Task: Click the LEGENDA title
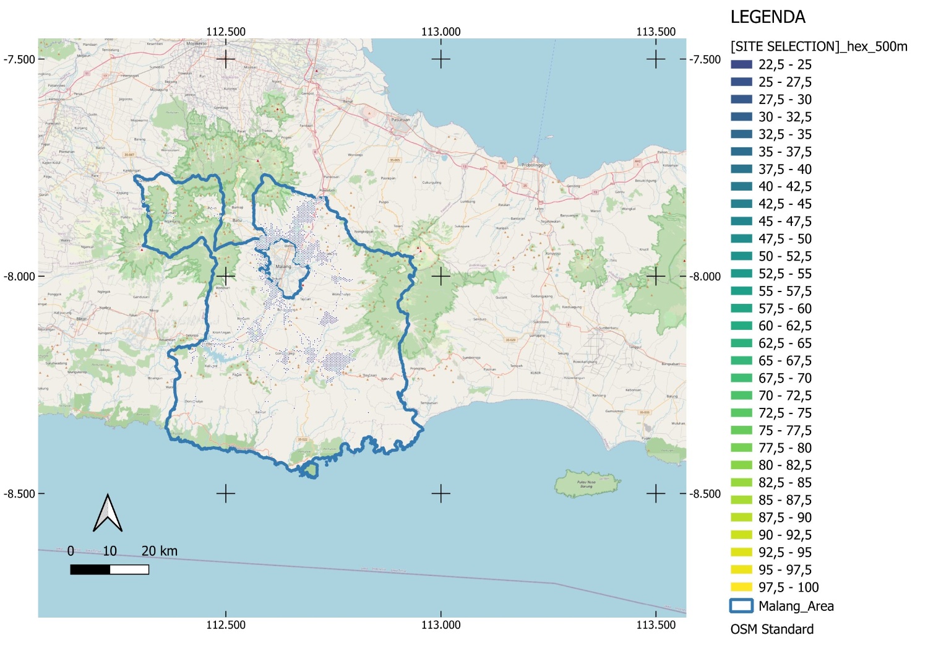click(768, 17)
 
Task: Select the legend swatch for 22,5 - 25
click(741, 64)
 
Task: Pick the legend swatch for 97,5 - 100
click(741, 587)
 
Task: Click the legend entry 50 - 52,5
click(785, 256)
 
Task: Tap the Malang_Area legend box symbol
click(741, 606)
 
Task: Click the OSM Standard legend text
click(771, 629)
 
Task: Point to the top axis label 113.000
click(440, 32)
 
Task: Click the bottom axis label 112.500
click(226, 625)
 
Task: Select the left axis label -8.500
click(19, 494)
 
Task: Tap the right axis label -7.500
click(705, 59)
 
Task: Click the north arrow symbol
click(108, 514)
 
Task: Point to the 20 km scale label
click(159, 551)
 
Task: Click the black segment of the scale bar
click(90, 569)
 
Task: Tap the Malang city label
click(283, 267)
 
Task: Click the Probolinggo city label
click(533, 166)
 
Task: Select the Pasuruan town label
click(400, 120)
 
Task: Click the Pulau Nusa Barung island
click(586, 483)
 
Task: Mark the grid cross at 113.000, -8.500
click(440, 494)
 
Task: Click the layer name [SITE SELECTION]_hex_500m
click(818, 46)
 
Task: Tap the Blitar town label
click(81, 301)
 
